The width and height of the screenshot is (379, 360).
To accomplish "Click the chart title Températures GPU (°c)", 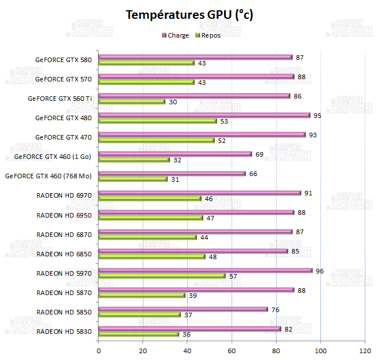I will click(189, 15).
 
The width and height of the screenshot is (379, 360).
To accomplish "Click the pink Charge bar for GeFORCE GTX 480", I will click(204, 115).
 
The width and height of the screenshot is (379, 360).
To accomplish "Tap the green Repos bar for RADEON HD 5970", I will click(162, 276).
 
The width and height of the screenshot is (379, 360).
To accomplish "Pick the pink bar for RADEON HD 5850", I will click(183, 309).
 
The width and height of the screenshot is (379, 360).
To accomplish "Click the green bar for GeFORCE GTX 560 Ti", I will click(132, 101).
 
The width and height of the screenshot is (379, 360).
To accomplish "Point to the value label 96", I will click(320, 271).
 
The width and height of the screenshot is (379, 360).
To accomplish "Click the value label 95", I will click(318, 115).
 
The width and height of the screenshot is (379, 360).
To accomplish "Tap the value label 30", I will click(173, 101).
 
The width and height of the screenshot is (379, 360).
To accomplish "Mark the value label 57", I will click(233, 276).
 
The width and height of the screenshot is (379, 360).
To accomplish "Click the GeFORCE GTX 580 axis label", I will click(63, 59).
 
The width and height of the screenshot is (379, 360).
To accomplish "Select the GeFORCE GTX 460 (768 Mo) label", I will click(48, 175).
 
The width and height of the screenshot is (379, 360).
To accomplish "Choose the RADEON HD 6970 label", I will click(64, 195).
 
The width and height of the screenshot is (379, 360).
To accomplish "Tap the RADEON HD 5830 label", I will click(64, 332).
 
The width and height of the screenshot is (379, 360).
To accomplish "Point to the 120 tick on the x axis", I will click(365, 350).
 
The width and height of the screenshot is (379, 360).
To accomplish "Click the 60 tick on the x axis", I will click(232, 350).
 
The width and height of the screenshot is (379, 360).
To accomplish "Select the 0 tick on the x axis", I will click(99, 350).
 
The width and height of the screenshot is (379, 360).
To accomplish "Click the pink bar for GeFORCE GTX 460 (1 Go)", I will click(175, 154).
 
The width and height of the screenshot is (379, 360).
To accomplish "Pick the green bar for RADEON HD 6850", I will click(152, 256).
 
